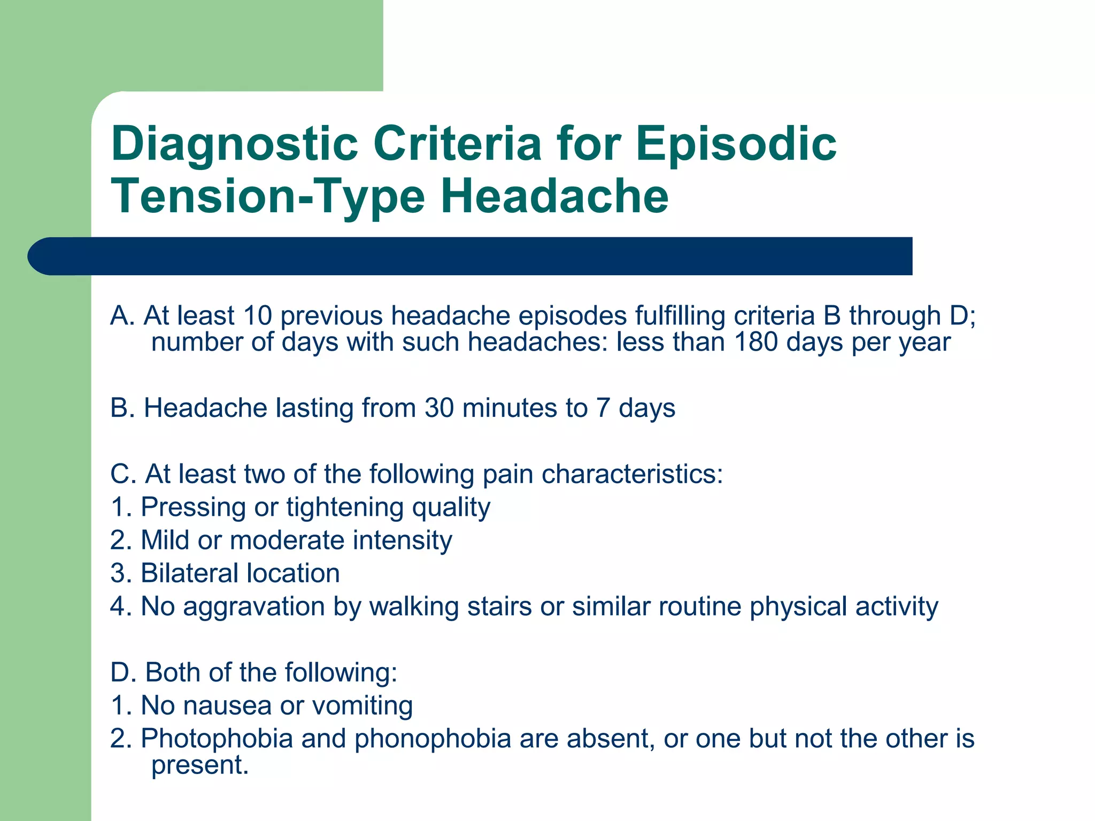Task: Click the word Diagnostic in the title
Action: click(x=234, y=144)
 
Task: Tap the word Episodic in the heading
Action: click(x=736, y=144)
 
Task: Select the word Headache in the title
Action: click(x=554, y=197)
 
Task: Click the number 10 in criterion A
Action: click(x=257, y=315)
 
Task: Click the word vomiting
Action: click(x=362, y=706)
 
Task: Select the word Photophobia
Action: click(x=217, y=739)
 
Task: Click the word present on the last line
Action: click(x=199, y=765)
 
